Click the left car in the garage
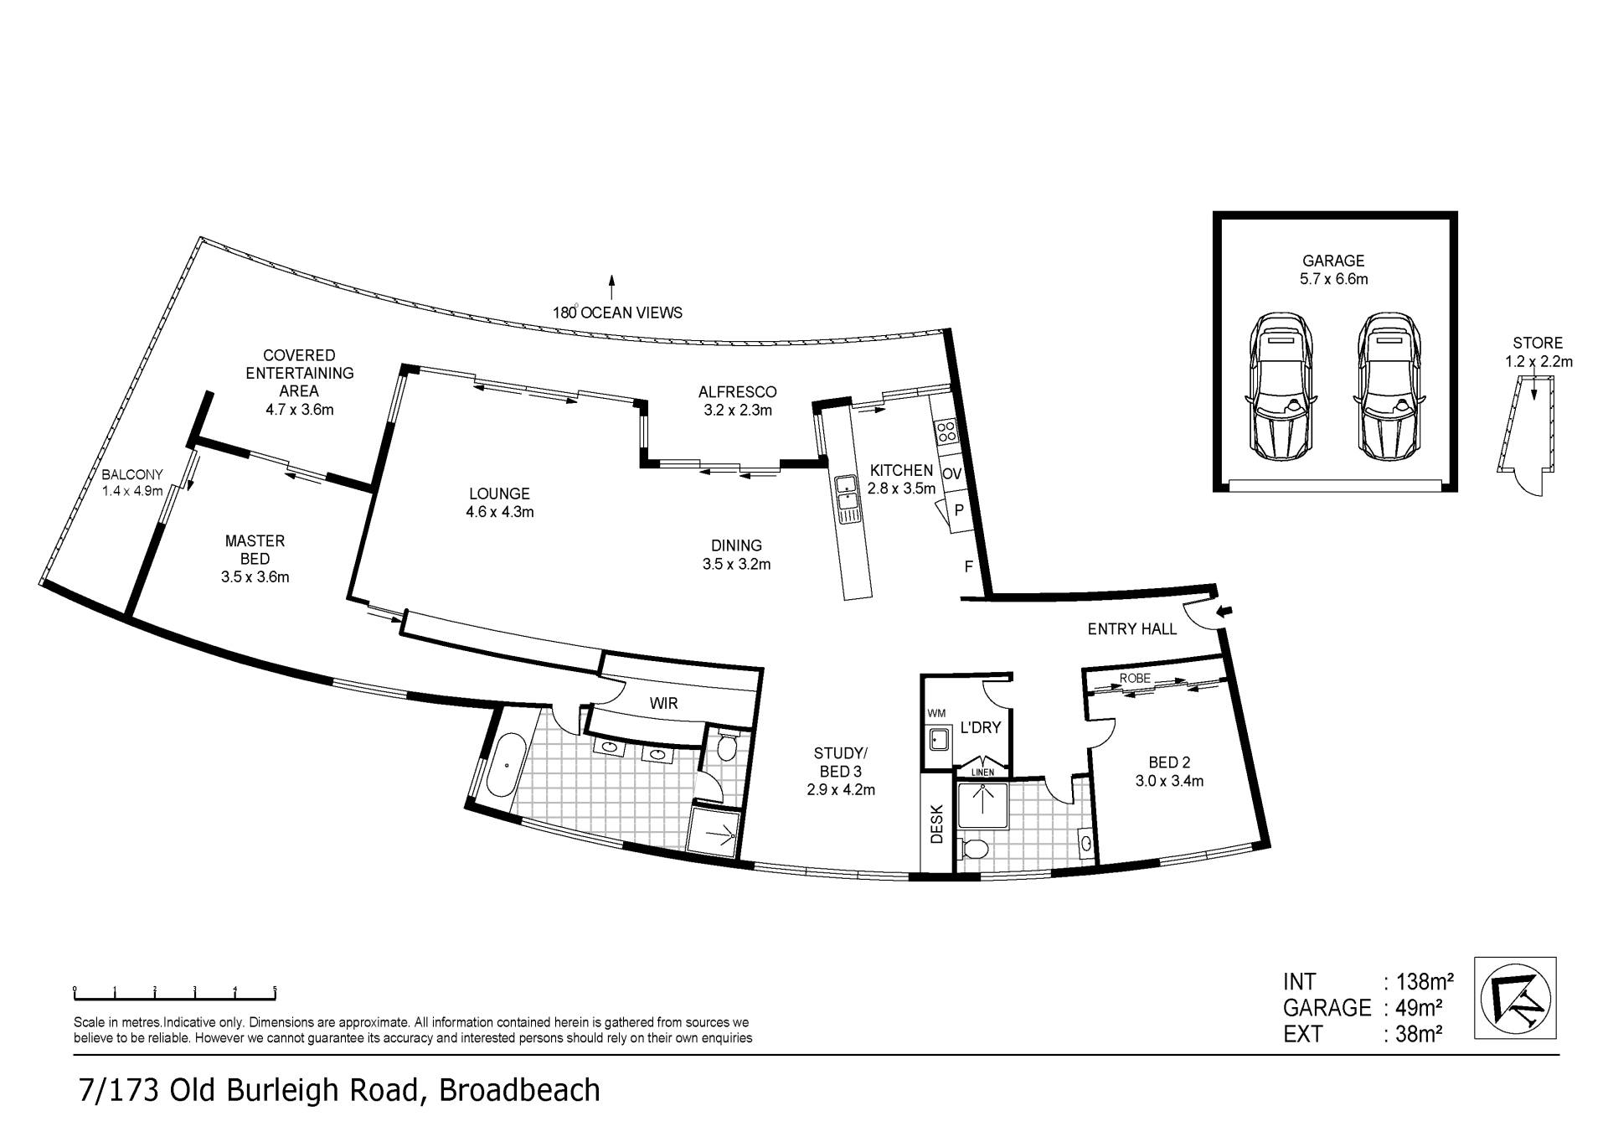pyautogui.click(x=1281, y=386)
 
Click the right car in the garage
pyautogui.click(x=1388, y=386)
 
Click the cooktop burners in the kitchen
pyautogui.click(x=946, y=432)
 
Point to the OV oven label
pyautogui.click(x=951, y=473)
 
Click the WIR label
pyautogui.click(x=663, y=703)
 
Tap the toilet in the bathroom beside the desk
pyautogui.click(x=972, y=847)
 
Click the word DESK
pyautogui.click(x=936, y=824)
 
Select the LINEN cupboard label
pyautogui.click(x=982, y=772)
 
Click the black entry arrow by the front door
pyautogui.click(x=1224, y=612)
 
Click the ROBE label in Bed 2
pyautogui.click(x=1135, y=678)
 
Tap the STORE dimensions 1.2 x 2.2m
pyautogui.click(x=1538, y=362)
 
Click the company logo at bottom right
pyautogui.click(x=1518, y=999)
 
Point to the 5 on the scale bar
pyautogui.click(x=275, y=990)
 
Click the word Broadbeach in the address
pyautogui.click(x=519, y=1090)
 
